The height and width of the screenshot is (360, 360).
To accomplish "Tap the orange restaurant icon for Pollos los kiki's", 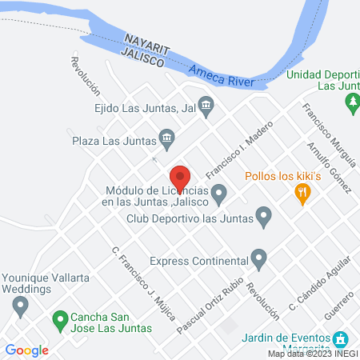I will click(302, 192).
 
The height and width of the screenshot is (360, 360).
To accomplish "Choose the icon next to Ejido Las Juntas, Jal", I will click(206, 104).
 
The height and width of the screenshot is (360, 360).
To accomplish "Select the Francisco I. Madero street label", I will click(240, 150).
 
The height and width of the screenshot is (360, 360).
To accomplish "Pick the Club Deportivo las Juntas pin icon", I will click(263, 215).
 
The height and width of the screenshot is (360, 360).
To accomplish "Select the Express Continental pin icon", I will click(258, 258).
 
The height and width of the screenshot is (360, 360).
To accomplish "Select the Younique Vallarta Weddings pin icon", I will click(22, 305).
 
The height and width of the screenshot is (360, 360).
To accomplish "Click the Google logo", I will click(26, 350).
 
